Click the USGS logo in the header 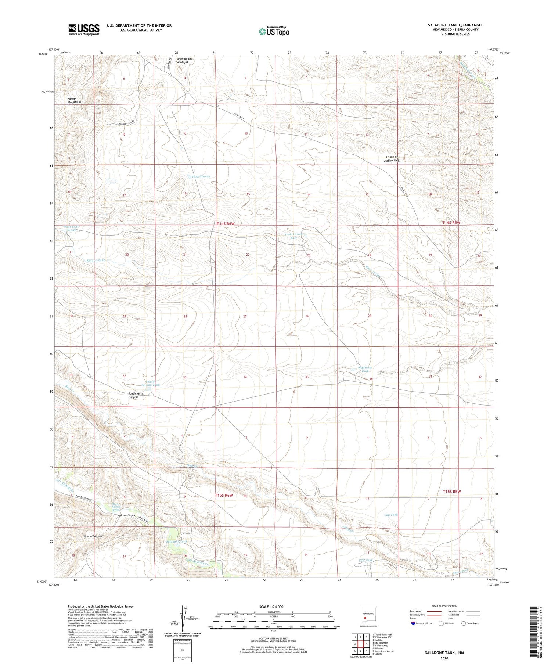(x=84, y=29)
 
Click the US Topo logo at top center (x=274, y=31)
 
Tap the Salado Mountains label (x=74, y=100)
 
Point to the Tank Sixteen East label (x=293, y=236)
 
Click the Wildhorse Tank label (x=365, y=369)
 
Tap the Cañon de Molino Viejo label (x=392, y=159)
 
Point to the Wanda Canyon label (x=92, y=536)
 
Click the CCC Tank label (x=365, y=560)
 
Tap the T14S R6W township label (x=225, y=223)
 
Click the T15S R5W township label (x=451, y=491)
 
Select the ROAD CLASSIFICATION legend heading (x=444, y=606)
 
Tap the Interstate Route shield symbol (x=413, y=623)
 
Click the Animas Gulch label (x=126, y=515)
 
